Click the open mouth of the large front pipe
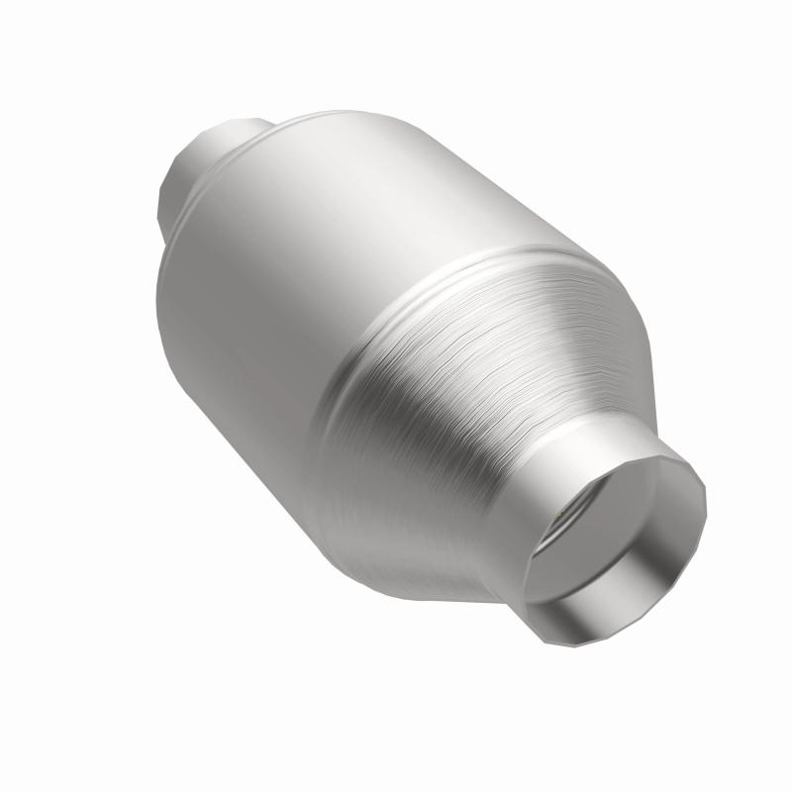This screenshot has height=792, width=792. point(614,530)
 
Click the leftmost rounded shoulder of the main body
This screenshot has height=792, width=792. point(163,297)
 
